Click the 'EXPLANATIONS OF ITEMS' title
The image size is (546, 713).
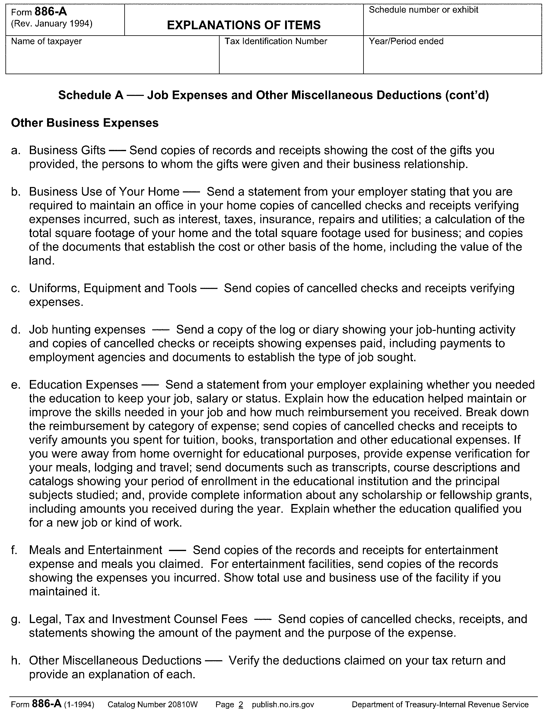(244, 25)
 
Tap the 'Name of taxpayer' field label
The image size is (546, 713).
(46, 41)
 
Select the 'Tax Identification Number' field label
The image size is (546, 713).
(276, 41)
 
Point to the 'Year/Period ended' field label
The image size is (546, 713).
(406, 41)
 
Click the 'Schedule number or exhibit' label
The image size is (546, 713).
(424, 10)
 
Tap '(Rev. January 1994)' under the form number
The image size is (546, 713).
(52, 24)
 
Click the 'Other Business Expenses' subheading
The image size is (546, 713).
(85, 123)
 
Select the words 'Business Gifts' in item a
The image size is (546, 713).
(67, 150)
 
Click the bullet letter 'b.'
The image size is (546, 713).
(16, 192)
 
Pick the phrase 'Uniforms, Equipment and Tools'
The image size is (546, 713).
(113, 288)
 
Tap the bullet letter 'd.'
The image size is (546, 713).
(16, 330)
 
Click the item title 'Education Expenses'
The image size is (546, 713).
(84, 385)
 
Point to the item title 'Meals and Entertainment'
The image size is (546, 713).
(96, 550)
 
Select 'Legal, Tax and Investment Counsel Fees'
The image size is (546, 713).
(138, 619)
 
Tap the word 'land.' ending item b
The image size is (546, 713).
(42, 261)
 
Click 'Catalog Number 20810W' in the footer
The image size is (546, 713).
(152, 705)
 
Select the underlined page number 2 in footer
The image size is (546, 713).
(240, 705)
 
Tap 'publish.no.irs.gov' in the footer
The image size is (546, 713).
(283, 705)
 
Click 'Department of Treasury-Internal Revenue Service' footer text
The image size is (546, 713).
(440, 705)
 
